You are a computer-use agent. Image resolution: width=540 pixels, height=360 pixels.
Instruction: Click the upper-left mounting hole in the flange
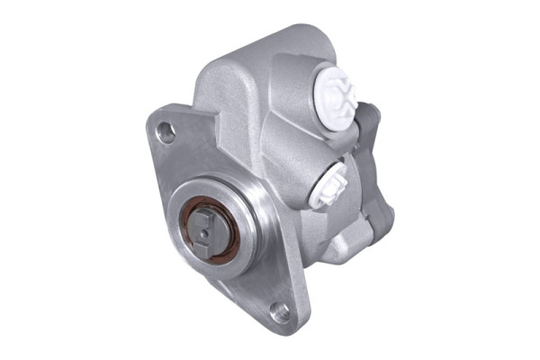(166, 133)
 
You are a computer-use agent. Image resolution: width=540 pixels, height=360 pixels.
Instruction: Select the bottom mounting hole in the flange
(281, 312)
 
